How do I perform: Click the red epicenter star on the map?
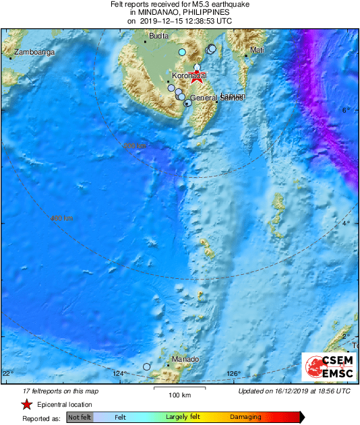tap(198, 75)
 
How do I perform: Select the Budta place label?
tap(158, 36)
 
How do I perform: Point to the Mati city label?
tap(257, 51)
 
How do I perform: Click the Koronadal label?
tap(189, 76)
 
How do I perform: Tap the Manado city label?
tap(185, 359)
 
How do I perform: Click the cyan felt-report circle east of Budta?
tap(182, 52)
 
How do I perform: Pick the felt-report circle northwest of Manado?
tap(147, 366)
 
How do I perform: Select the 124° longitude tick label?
tap(119, 374)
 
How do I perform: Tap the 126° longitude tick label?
tap(233, 374)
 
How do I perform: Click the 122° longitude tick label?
tap(7, 374)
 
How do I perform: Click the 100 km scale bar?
tap(179, 389)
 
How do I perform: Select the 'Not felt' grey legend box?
tap(80, 418)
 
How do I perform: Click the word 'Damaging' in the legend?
tap(245, 418)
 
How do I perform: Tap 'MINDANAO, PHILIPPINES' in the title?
tap(179, 12)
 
